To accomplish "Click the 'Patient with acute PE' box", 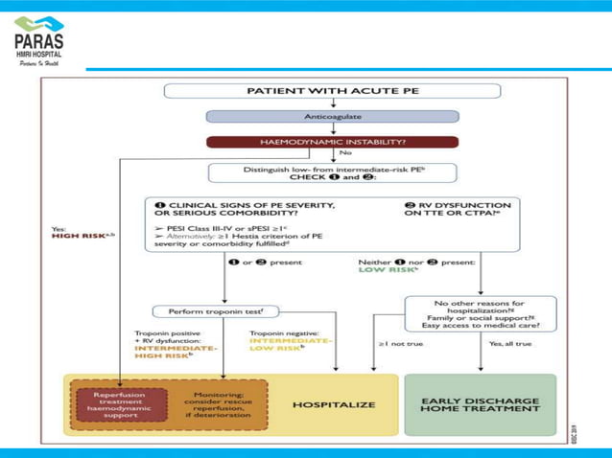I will (332, 92).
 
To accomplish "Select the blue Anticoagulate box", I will (332, 116).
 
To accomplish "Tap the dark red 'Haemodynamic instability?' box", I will (332, 141).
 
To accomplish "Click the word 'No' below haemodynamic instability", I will (345, 153).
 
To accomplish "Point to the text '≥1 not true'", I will (394, 342).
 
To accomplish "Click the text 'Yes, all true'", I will (507, 342).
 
